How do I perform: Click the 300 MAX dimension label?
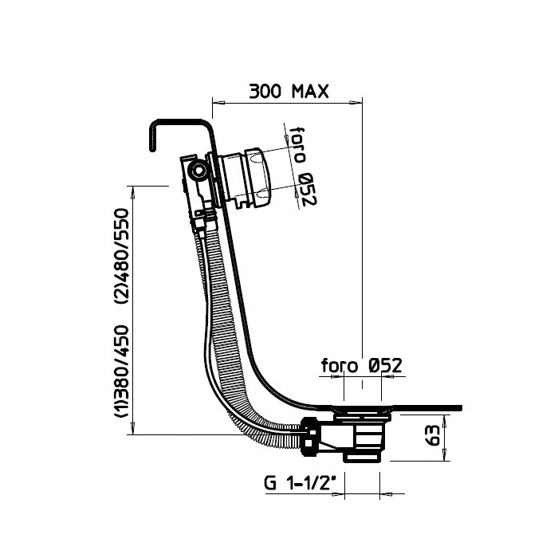coord(289,92)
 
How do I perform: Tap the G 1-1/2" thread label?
coord(301,484)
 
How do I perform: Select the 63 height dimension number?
coord(433,436)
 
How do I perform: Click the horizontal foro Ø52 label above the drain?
coord(361,365)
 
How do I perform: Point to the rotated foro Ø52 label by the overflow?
coord(302,166)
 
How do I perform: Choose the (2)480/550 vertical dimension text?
coord(122,256)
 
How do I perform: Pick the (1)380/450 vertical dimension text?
coord(122,371)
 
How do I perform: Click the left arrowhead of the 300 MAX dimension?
coord(218,103)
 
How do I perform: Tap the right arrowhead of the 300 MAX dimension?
coord(356,103)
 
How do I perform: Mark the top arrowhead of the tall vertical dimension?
coord(133,193)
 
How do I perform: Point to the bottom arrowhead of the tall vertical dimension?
coord(133,428)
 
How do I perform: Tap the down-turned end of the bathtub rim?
coord(153,138)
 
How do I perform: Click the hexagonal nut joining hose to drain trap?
coord(310,437)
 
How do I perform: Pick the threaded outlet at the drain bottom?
coord(363,458)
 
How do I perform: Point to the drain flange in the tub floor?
coord(362,410)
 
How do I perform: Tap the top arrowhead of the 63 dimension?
coord(444,422)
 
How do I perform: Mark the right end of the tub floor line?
coord(462,408)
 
